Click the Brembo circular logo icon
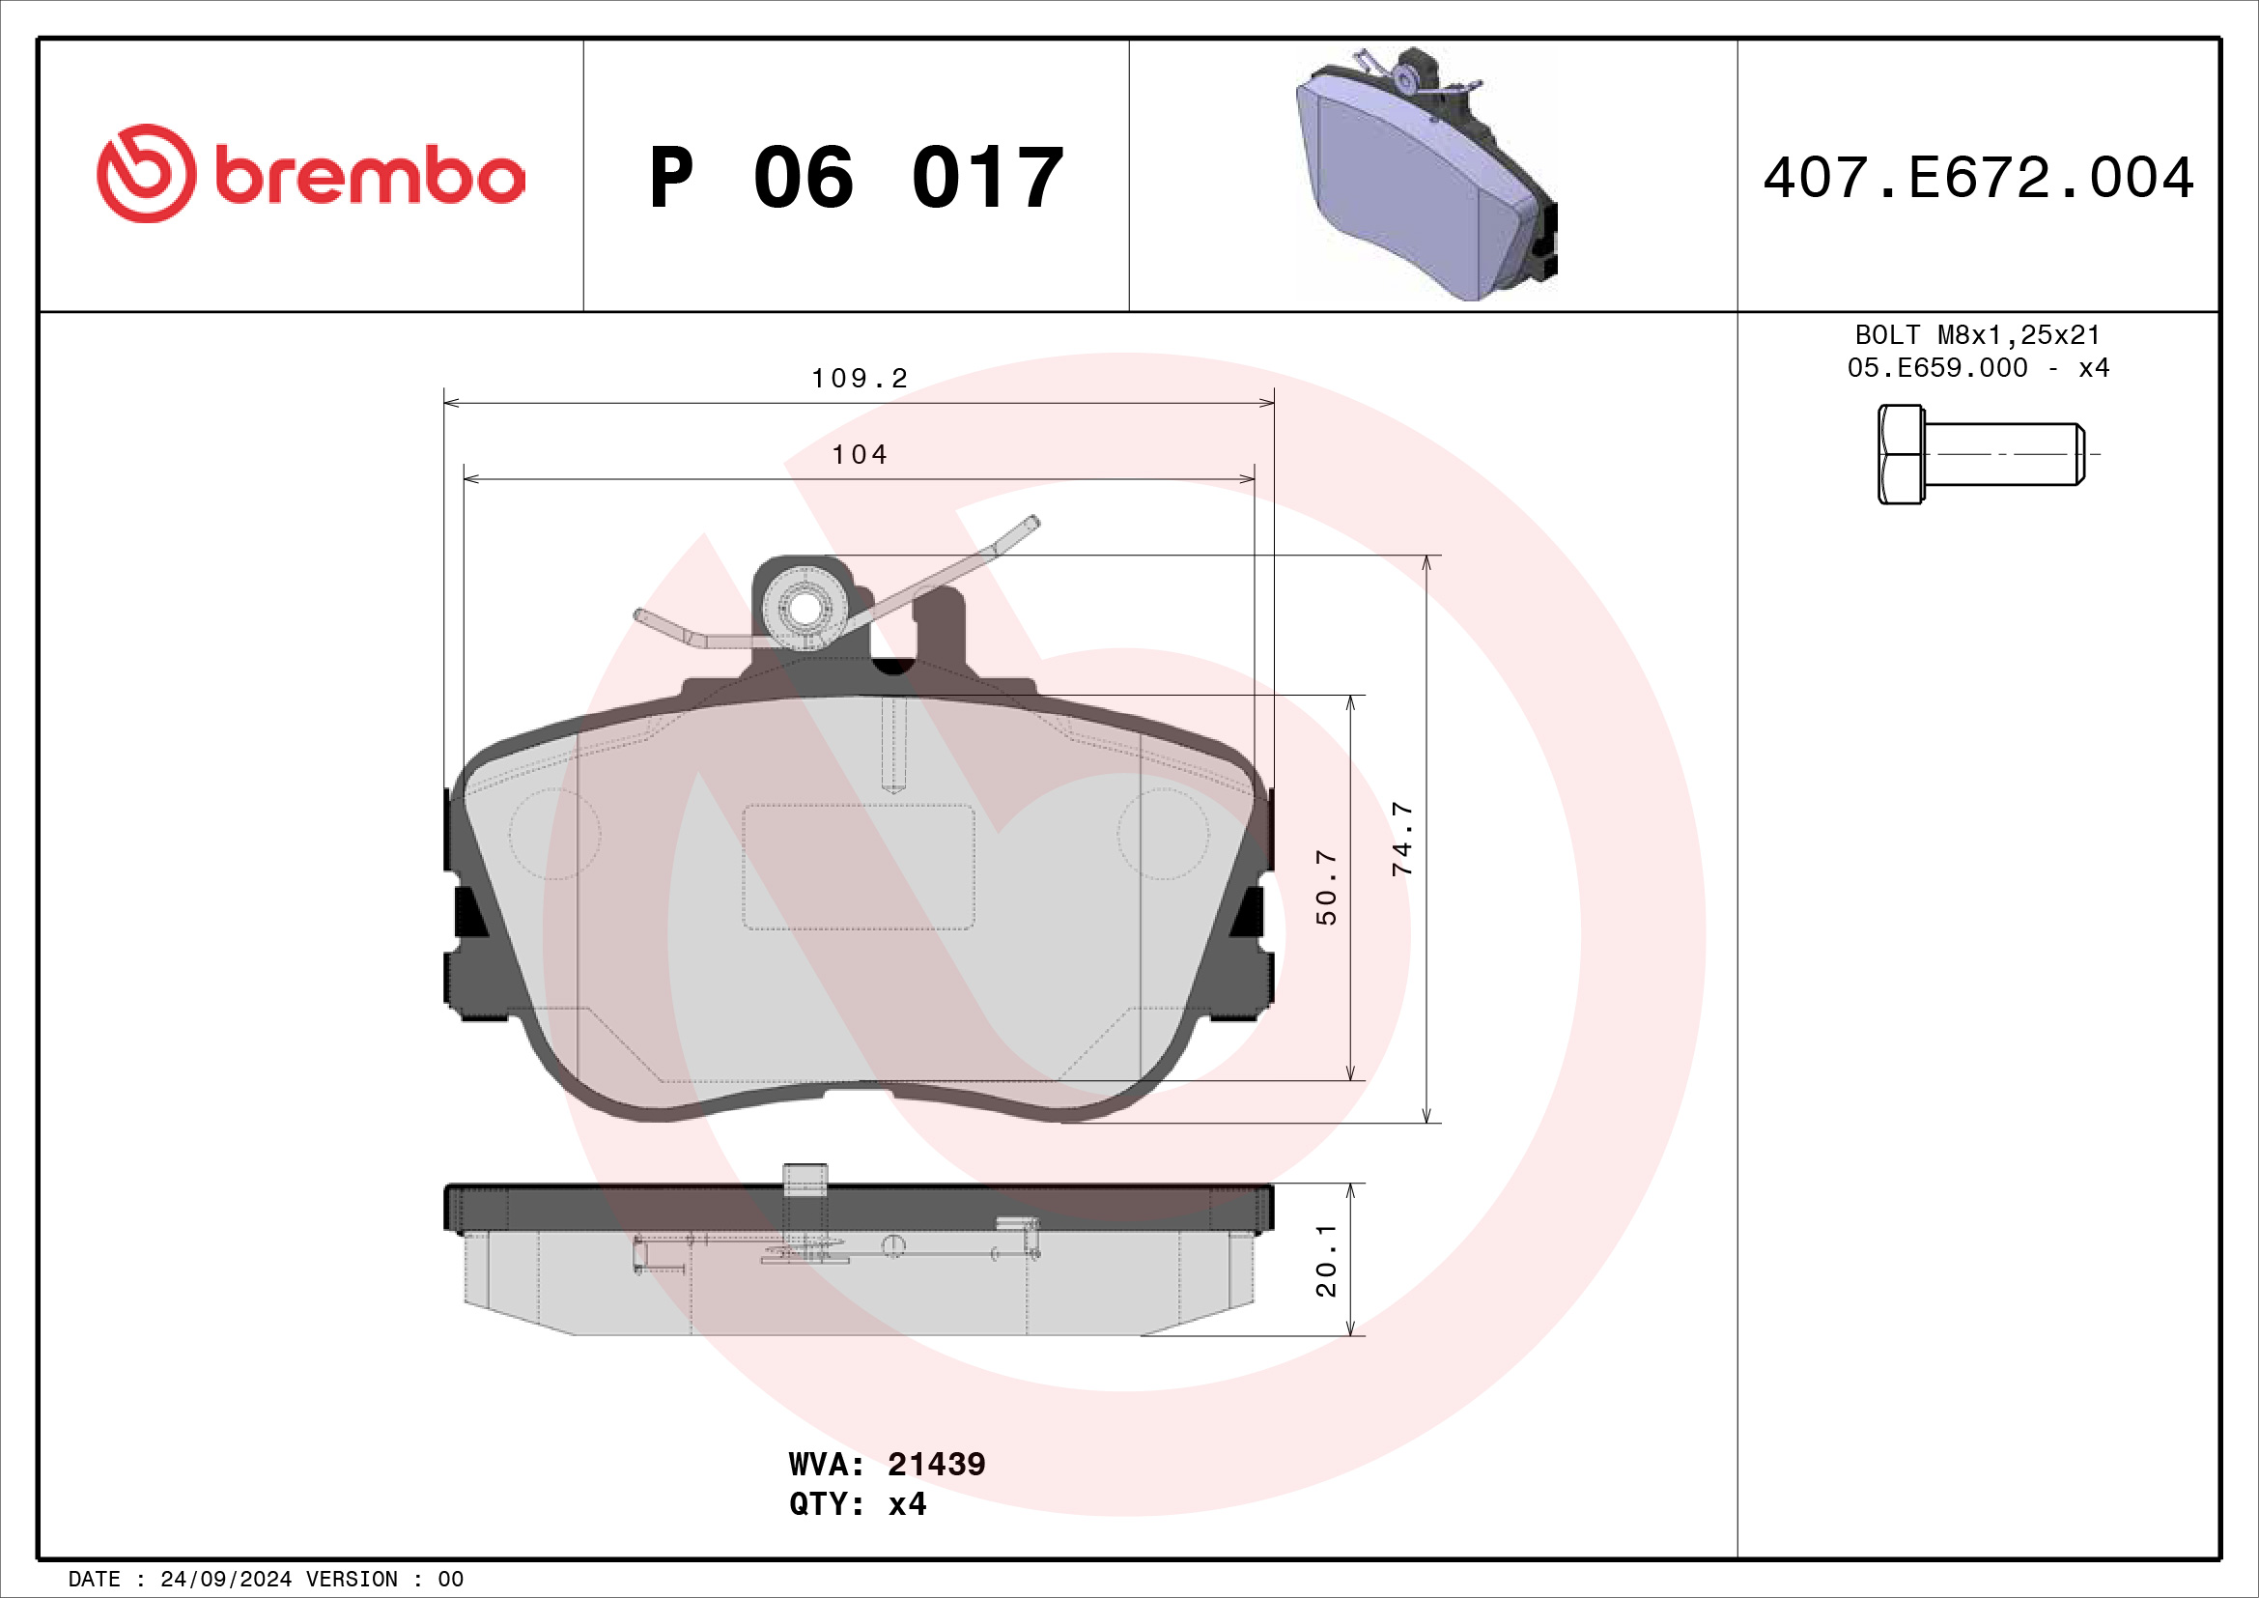coord(146,173)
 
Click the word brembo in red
coord(369,177)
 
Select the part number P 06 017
coord(856,178)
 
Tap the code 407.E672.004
coord(1978,178)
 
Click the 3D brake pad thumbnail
coord(1426,175)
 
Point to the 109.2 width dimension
coord(859,379)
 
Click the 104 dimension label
coord(859,455)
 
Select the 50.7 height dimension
coord(1326,887)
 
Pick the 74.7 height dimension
coord(1402,839)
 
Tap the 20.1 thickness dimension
coord(1326,1261)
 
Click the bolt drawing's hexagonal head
coord(1900,455)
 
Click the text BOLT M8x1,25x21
coord(1978,335)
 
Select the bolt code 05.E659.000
coord(1936,368)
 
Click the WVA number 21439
coord(936,1464)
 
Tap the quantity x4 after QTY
coord(907,1504)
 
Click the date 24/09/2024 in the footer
coord(225,1580)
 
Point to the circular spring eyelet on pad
coord(804,609)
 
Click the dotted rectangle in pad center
coord(858,867)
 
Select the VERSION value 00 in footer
coord(451,1580)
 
